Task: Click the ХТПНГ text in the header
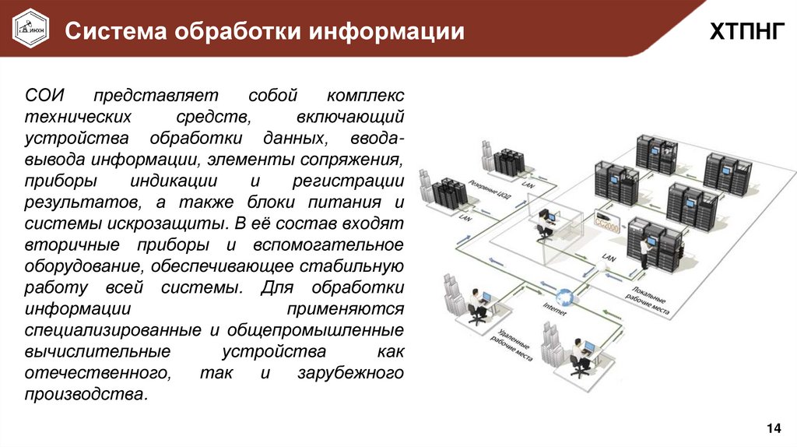[742, 31]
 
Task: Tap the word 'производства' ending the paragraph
[84, 393]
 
